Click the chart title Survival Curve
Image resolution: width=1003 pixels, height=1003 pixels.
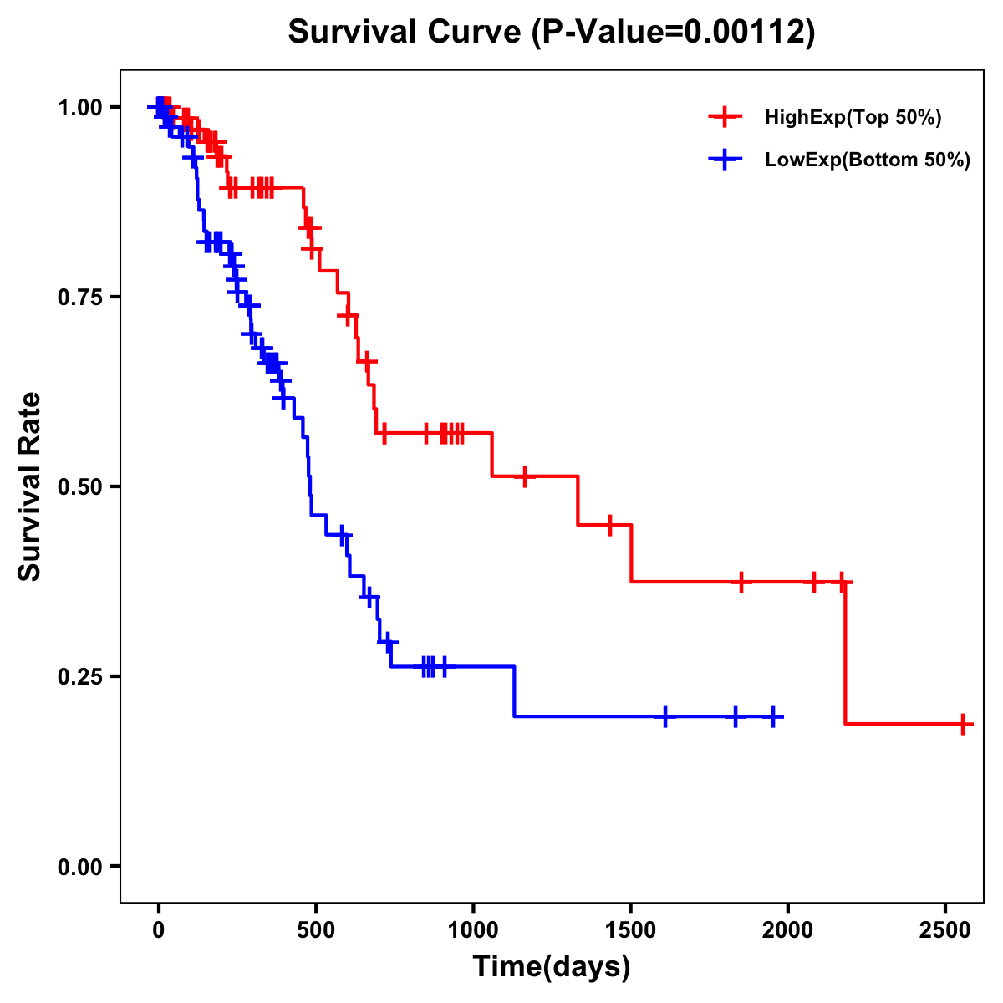coord(405,32)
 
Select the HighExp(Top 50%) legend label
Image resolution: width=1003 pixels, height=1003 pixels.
coord(853,118)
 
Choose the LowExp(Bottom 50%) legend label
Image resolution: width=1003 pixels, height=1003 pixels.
coord(868,160)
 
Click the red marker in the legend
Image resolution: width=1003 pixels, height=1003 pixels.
coord(725,117)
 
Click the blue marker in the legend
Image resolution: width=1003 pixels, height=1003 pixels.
coord(725,160)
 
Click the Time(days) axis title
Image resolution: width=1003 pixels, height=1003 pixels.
coord(552,966)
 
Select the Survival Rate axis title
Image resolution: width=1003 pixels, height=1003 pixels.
coord(30,486)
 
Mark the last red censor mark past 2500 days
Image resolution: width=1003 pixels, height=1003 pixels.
coord(963,724)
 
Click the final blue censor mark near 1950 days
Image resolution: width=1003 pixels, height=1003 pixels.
coord(774,716)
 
